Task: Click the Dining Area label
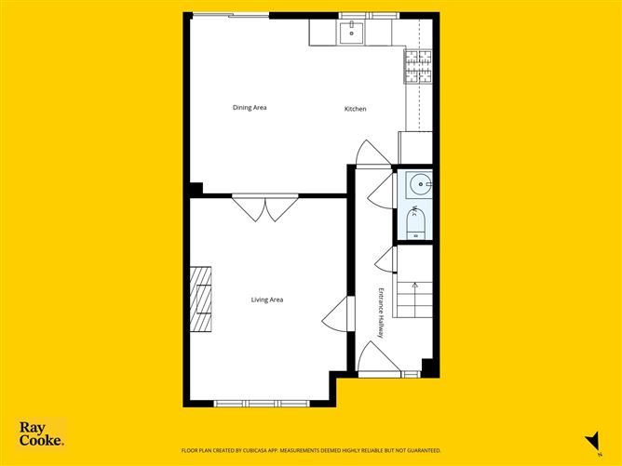pos(250,108)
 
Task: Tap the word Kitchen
pos(356,110)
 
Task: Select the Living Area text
pos(267,300)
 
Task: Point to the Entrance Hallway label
pos(381,313)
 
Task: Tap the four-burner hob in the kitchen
pos(418,67)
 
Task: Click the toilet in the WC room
pos(415,224)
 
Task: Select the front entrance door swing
pos(375,359)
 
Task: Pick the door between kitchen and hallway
pos(368,153)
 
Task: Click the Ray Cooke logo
pos(41,434)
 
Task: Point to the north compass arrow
pos(588,440)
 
